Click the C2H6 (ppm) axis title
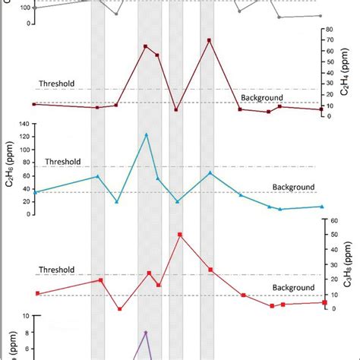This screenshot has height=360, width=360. [11, 169]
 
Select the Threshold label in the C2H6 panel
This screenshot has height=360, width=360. [63, 162]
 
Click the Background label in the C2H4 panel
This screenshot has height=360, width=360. [262, 98]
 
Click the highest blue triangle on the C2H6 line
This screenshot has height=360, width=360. [147, 134]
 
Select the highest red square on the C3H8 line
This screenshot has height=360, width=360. [180, 235]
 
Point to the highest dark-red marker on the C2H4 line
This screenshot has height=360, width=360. [210, 40]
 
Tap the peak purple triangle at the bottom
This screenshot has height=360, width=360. [146, 333]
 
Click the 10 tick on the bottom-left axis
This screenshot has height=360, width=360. [26, 315]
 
